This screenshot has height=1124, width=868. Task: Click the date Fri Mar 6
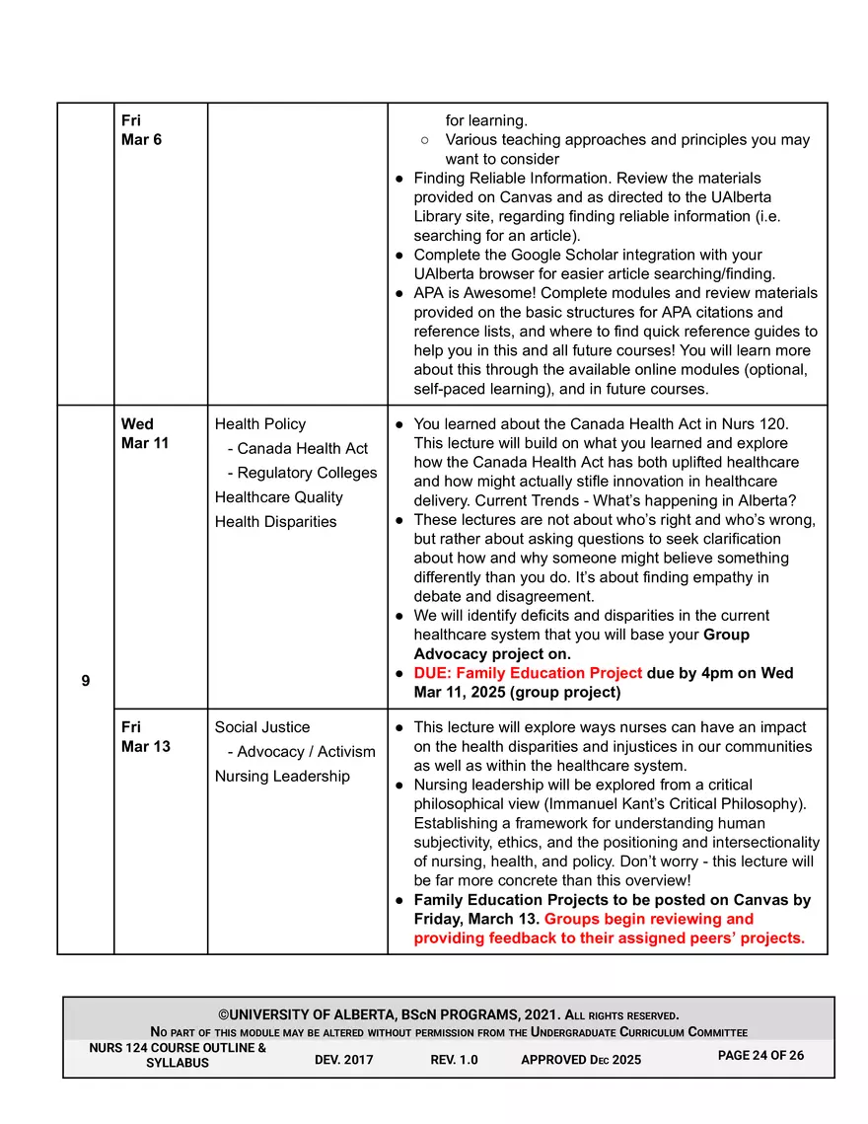141,130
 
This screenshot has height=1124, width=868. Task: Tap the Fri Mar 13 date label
145,736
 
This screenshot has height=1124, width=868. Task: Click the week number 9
86,681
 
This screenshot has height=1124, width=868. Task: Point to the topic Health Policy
260,423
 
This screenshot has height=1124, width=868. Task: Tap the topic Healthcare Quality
279,497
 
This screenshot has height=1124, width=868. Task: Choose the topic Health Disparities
275,521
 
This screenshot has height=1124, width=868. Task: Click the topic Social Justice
262,727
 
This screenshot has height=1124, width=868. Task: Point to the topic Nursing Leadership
282,776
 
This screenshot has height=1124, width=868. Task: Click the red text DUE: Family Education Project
528,673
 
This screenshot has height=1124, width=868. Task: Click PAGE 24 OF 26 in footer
760,1055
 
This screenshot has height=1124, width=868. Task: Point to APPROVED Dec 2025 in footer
580,1060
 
